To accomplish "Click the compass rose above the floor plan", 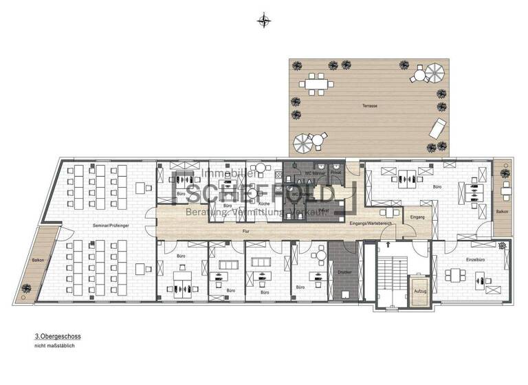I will pyautogui.click(x=263, y=20).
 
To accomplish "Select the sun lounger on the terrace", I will pyautogui.click(x=437, y=128).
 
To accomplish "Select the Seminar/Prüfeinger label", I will pyautogui.click(x=112, y=225).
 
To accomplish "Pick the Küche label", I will pyautogui.click(x=263, y=204).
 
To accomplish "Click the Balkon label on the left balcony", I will pyautogui.click(x=38, y=260).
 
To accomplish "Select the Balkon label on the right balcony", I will pyautogui.click(x=503, y=212).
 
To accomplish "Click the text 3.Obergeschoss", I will pyautogui.click(x=58, y=337).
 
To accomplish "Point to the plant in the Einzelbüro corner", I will pyautogui.click(x=507, y=245).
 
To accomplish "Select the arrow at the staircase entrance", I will pyautogui.click(x=390, y=242).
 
